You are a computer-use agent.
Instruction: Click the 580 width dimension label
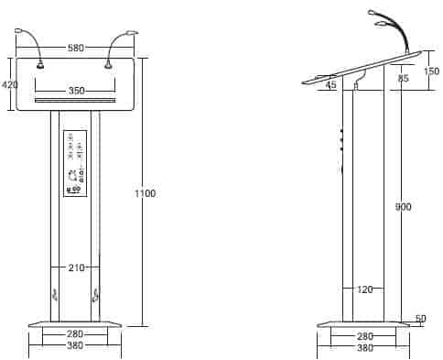(75, 48)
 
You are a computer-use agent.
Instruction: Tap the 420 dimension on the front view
(9, 84)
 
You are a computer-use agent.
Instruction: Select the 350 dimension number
(76, 91)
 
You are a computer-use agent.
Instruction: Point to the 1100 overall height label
(146, 193)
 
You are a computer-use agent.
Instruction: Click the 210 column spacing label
(76, 267)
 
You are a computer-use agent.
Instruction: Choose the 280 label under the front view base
(75, 333)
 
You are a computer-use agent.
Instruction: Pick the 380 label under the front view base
(75, 345)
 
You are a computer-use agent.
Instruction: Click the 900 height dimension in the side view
(404, 207)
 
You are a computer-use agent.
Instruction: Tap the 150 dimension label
(432, 71)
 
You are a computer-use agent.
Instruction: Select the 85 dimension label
(403, 78)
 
